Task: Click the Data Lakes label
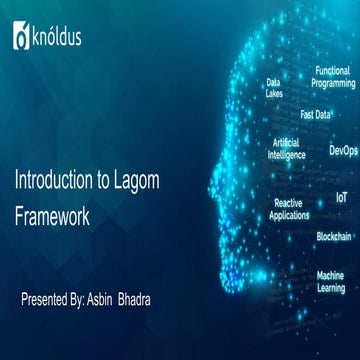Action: [x=273, y=88]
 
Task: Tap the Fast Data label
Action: [x=315, y=115]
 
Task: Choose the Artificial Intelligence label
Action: [x=287, y=150]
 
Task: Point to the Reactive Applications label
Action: [x=289, y=208]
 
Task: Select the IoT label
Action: [x=341, y=199]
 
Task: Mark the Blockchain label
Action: [x=333, y=237]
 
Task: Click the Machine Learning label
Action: [x=330, y=281]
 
